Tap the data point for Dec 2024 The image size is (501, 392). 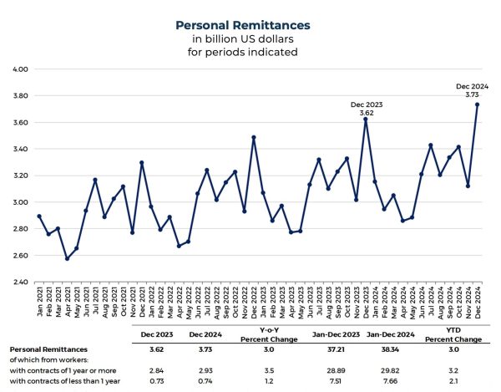coord(477,104)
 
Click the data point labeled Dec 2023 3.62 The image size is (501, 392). coord(365,120)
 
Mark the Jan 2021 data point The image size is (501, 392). coord(39,216)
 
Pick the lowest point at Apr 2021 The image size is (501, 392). coord(68,258)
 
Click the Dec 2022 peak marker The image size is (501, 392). coord(253,137)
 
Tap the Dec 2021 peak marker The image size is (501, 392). coord(142,162)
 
